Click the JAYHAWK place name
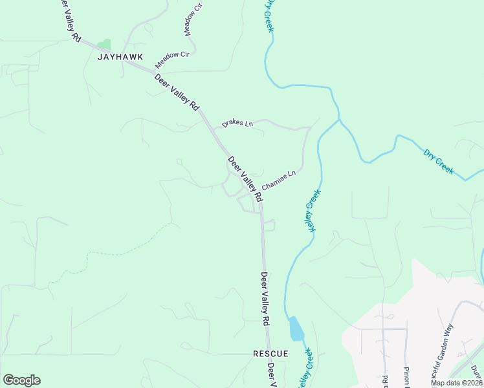pos(120,57)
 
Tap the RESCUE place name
pos(270,354)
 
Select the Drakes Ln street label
pos(237,122)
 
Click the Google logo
pos(21,380)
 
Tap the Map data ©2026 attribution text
pos(456,383)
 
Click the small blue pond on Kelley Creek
pos(296,329)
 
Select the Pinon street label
pos(407,377)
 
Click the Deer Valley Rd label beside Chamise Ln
pos(245,177)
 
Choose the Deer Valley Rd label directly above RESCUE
pos(265,298)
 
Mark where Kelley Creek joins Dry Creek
pos(338,120)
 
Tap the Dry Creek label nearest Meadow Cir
pos(269,15)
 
